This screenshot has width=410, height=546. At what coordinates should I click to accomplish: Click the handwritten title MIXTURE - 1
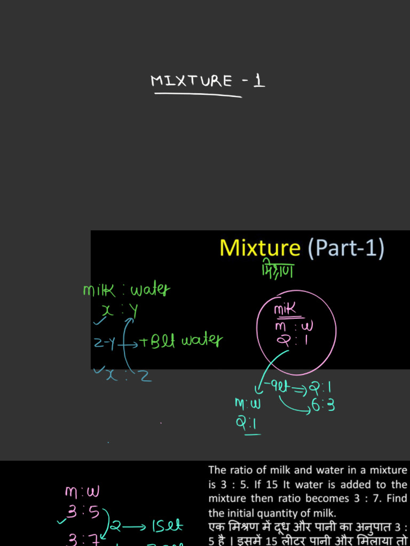point(208,81)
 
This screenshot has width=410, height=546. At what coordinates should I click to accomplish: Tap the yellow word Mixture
point(260,248)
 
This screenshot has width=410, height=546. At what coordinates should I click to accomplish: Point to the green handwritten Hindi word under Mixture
point(278,271)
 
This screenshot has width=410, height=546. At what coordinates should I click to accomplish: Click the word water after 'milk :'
point(150,291)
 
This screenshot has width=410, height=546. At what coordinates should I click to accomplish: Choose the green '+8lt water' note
point(182,340)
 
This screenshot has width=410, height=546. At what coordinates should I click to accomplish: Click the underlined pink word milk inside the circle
point(285,309)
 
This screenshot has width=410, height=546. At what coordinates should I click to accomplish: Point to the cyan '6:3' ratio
point(324,406)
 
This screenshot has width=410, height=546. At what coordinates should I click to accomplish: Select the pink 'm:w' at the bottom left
point(82,491)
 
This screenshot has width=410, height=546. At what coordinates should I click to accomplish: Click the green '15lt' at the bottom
point(167,527)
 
